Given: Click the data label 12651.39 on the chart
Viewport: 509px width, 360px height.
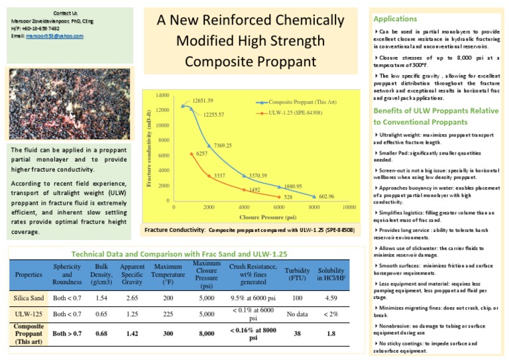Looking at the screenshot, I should click(203, 101).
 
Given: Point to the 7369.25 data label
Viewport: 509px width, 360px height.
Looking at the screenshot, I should click(222, 145).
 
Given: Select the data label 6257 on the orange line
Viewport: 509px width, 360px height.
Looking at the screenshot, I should click(202, 153).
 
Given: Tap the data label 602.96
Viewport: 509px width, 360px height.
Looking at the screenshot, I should click(327, 197).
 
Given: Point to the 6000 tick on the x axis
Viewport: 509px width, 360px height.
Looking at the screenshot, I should click(279, 208).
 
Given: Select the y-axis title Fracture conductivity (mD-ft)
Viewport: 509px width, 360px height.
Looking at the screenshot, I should click(148, 147).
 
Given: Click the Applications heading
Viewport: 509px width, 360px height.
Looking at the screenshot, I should click(396, 19).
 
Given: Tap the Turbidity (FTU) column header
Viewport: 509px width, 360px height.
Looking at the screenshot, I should click(296, 274).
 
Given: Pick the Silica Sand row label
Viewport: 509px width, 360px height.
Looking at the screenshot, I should click(29, 298).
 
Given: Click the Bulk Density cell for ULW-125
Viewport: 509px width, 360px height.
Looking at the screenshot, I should click(101, 314).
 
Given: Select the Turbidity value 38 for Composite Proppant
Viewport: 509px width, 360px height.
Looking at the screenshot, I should click(296, 333).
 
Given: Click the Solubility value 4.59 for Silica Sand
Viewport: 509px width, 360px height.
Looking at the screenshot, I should click(331, 298).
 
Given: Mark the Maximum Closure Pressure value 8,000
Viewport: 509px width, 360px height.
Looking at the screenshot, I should click(207, 333).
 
